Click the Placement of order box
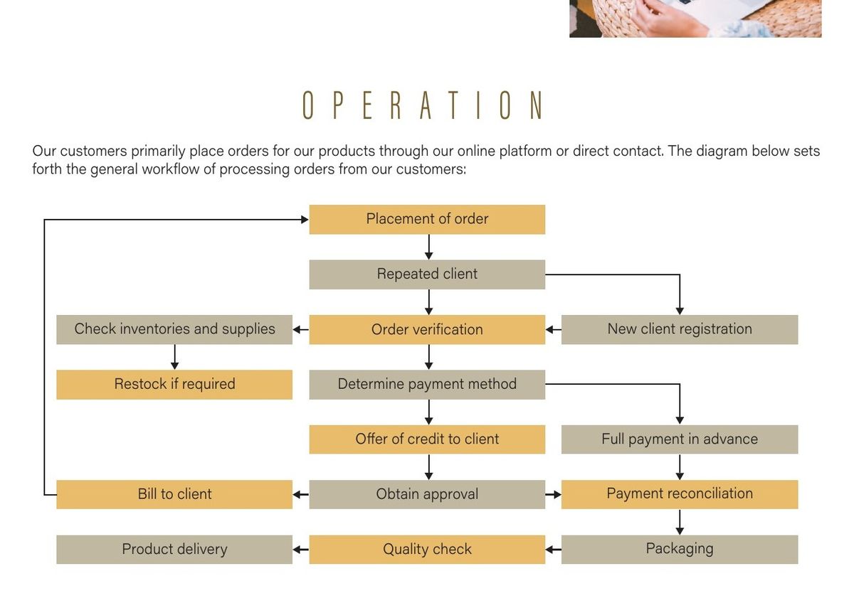(427, 220)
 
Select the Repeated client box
(427, 274)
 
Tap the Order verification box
(427, 329)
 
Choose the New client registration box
(680, 329)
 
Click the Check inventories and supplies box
(174, 329)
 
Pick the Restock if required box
(174, 385)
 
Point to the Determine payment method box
(427, 385)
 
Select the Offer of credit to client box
(427, 439)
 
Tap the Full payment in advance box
(680, 439)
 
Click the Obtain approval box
(427, 494)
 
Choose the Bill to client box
(174, 494)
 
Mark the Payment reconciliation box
(680, 494)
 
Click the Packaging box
(680, 549)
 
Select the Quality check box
(427, 549)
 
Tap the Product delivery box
(174, 549)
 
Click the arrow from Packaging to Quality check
(553, 549)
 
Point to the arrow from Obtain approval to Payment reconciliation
(553, 494)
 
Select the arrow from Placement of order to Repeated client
(429, 247)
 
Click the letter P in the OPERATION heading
(338, 105)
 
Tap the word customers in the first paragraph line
(93, 151)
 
